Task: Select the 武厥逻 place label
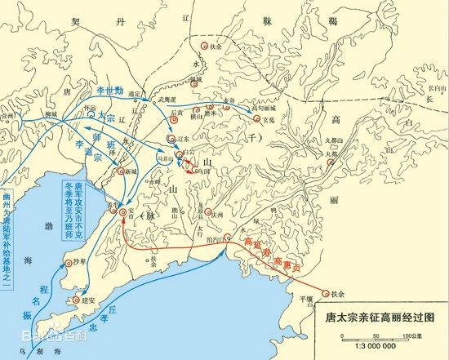point(168,99)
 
